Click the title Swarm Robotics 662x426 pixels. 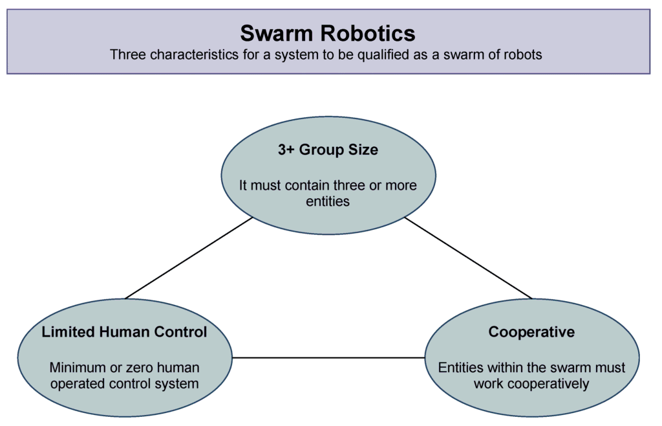328,32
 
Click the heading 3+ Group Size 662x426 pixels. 328,150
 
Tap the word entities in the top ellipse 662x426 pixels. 328,201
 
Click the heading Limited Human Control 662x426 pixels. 124,332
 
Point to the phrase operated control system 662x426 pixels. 124,383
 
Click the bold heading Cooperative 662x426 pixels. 531,332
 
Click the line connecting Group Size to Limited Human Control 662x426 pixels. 189,258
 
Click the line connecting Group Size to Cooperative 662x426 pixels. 467,258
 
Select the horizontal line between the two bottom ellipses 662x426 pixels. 328,357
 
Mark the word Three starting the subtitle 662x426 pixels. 128,54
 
